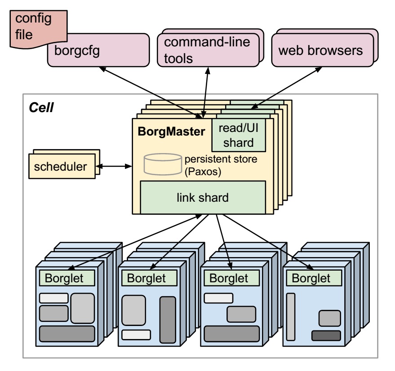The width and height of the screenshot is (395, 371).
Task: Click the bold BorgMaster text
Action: [x=171, y=132]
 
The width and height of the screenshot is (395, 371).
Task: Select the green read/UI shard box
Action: [x=239, y=135]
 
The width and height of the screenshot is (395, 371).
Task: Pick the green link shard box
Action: [x=203, y=197]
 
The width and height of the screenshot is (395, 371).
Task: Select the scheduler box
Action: [x=61, y=167]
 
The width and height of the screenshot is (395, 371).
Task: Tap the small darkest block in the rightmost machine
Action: [x=326, y=335]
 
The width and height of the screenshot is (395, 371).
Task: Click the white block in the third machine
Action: [x=218, y=298]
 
